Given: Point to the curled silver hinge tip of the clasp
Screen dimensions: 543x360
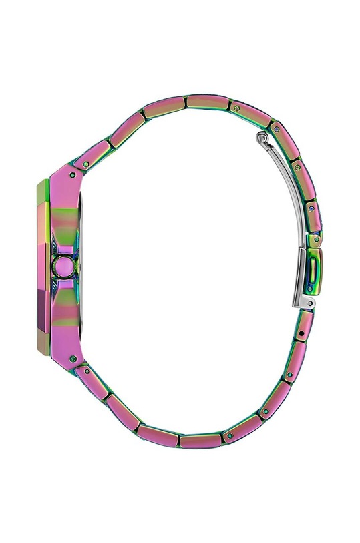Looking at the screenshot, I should (262, 139).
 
